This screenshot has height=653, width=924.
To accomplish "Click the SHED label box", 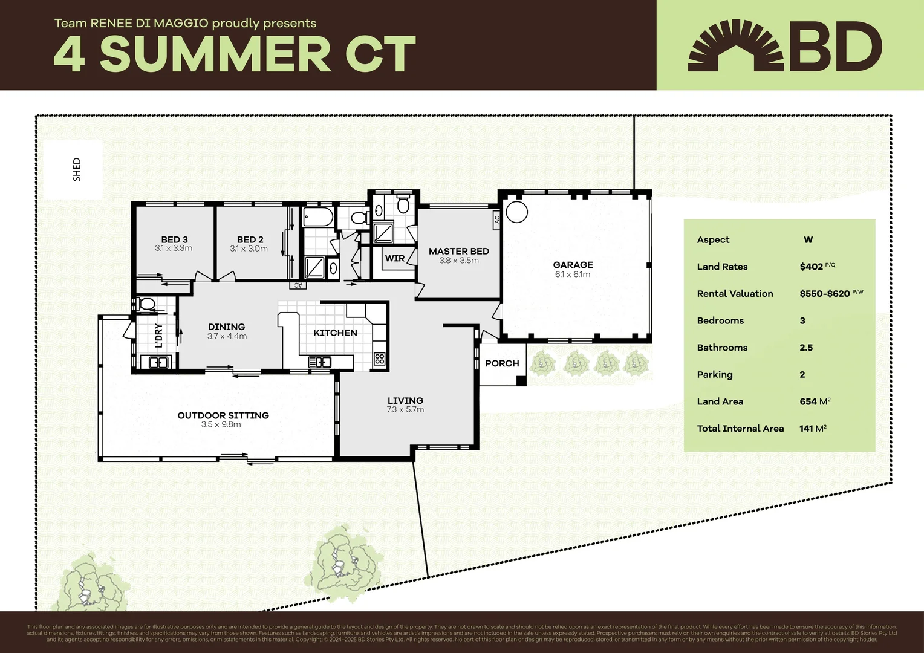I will [73, 169].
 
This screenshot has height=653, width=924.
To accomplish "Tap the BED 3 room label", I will [174, 239].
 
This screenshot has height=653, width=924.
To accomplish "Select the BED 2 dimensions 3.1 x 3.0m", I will [249, 249].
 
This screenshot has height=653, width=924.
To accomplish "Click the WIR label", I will [395, 258].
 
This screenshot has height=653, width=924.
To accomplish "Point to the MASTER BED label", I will [458, 251].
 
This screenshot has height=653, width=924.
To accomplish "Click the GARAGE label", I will [573, 265].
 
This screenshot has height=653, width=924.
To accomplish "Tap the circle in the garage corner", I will [516, 212].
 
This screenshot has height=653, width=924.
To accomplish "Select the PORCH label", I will [502, 363].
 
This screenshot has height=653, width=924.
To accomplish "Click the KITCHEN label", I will [335, 333].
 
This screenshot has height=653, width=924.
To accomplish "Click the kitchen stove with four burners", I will [379, 359].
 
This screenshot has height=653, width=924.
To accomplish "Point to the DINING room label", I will [227, 326].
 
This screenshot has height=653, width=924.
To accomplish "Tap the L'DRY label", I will [158, 336].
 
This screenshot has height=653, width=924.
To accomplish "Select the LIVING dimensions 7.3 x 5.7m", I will [405, 410].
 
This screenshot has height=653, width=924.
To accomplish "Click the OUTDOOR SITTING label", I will [223, 415].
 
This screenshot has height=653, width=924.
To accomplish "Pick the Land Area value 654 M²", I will [815, 401].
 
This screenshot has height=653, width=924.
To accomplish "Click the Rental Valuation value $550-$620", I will [824, 294].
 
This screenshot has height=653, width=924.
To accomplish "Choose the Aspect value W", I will [808, 240].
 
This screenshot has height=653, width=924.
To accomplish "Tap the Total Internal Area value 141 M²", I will [812, 429].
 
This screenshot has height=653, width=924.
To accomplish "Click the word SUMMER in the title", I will [215, 54].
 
